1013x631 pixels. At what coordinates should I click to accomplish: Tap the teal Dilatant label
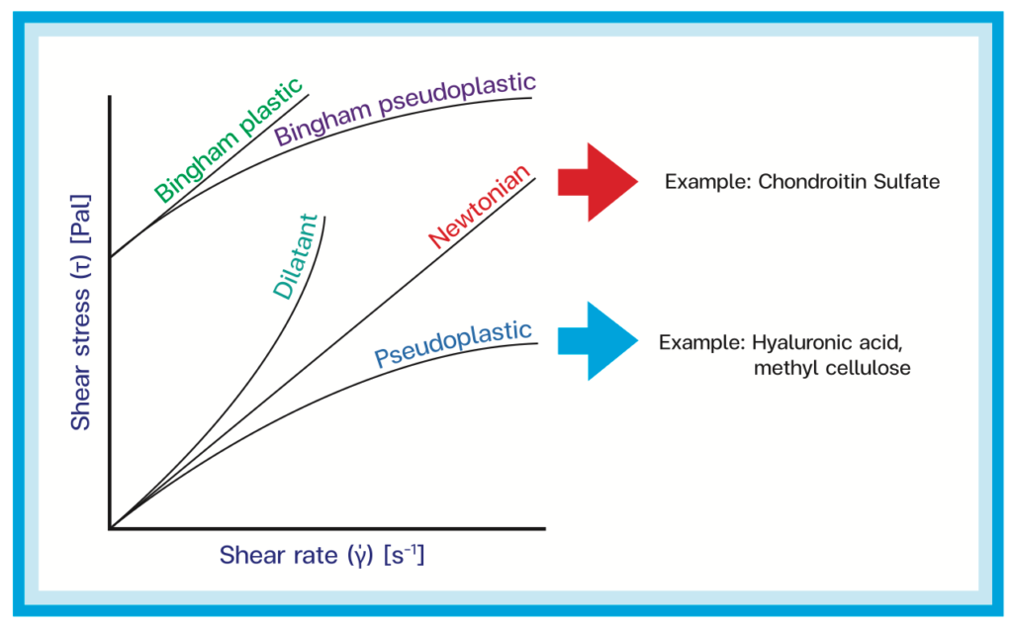295,256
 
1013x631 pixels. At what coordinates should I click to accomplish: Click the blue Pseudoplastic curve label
454,344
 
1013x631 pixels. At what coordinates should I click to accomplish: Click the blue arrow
598,340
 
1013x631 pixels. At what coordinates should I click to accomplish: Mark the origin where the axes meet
111,529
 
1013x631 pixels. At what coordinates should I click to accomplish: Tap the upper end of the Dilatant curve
324,217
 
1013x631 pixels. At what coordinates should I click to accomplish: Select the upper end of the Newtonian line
533,175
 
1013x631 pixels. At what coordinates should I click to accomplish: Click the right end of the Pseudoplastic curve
537,343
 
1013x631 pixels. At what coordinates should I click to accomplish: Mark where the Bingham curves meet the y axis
111,256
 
